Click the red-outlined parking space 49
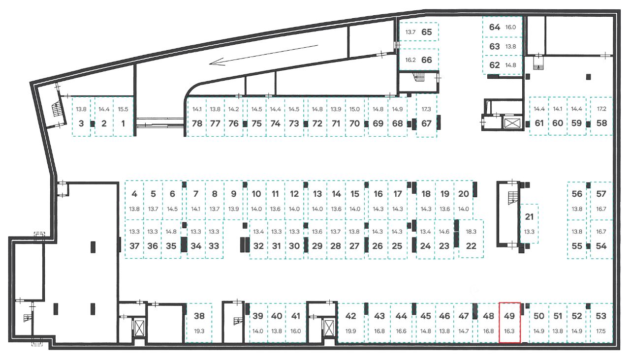pyautogui.click(x=509, y=322)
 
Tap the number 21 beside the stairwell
pyautogui.click(x=530, y=216)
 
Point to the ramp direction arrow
pyautogui.click(x=263, y=55)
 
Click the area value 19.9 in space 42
pyautogui.click(x=350, y=331)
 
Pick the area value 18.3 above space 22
pyautogui.click(x=471, y=231)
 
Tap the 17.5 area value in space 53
pyautogui.click(x=601, y=331)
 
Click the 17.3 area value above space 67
pyautogui.click(x=426, y=109)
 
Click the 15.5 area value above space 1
pyautogui.click(x=123, y=109)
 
